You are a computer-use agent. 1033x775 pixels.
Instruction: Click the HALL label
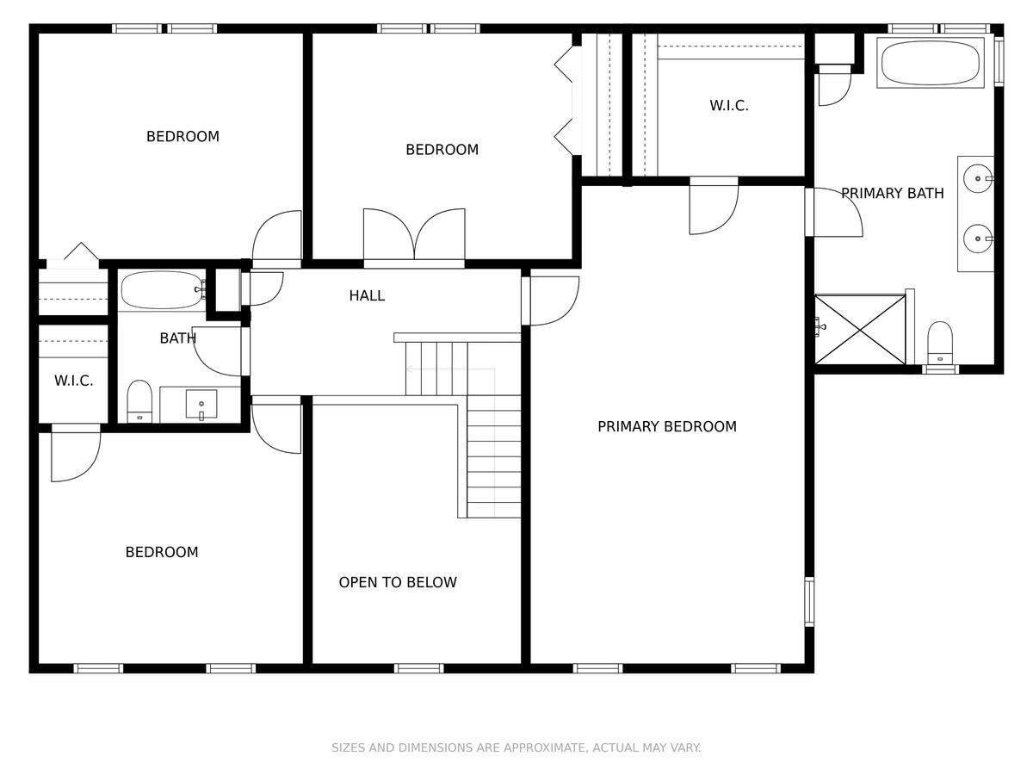click(367, 295)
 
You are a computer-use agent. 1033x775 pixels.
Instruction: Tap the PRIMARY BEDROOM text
click(667, 426)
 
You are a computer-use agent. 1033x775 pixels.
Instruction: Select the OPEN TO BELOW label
click(398, 582)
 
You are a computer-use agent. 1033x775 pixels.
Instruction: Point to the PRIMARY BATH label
click(893, 193)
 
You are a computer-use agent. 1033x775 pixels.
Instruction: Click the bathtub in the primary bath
click(931, 63)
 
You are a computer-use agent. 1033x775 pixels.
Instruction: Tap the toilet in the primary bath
click(940, 343)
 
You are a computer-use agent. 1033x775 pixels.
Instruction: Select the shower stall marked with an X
click(860, 330)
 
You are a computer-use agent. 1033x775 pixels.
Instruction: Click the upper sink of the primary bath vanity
click(979, 179)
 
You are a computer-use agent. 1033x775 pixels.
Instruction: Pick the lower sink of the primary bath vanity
click(979, 239)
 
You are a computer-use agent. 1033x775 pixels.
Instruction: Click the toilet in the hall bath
click(139, 401)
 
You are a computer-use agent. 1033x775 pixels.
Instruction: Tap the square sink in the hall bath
click(201, 404)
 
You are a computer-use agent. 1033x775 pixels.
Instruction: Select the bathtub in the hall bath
click(163, 290)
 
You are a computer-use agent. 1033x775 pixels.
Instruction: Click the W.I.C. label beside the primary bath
click(729, 105)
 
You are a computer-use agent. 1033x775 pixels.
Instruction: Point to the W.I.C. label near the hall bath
click(74, 381)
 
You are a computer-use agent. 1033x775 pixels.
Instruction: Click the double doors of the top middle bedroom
click(414, 235)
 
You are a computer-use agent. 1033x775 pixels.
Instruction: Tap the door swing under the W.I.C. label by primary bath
click(714, 207)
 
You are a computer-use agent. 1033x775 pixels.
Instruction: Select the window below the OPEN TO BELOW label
click(419, 668)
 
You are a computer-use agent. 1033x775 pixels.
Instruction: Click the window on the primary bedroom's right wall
click(809, 602)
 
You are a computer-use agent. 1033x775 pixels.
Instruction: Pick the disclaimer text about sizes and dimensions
click(516, 747)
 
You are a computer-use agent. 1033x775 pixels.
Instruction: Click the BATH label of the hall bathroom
click(178, 338)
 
